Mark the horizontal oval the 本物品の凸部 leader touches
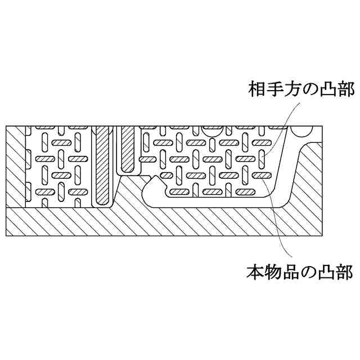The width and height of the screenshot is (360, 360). (x=259, y=175)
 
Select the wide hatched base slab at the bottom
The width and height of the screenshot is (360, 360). (x=169, y=222)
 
